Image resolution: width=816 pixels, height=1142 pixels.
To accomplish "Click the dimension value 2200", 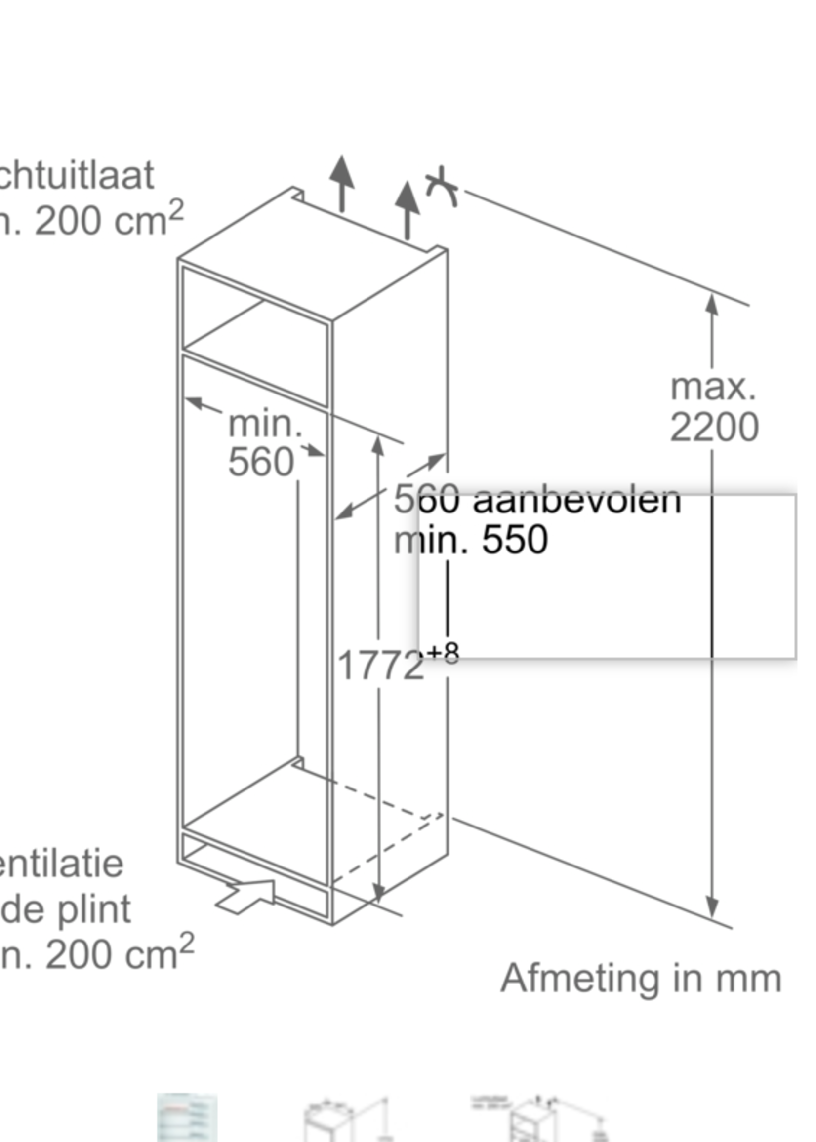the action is pyautogui.click(x=714, y=428).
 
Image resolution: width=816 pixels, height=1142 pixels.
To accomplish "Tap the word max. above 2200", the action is pyautogui.click(x=713, y=387).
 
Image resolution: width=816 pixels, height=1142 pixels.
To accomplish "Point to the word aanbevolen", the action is pyautogui.click(x=577, y=500).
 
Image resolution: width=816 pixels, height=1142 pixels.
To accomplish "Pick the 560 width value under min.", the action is pyautogui.click(x=261, y=462).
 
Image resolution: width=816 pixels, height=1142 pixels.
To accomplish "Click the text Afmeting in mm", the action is pyautogui.click(x=641, y=978).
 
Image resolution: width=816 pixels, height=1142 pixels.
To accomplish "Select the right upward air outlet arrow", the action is pyautogui.click(x=407, y=208).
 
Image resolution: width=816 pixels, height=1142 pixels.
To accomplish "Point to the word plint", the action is pyautogui.click(x=94, y=909).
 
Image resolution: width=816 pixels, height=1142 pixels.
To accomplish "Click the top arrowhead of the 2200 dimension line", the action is pyautogui.click(x=711, y=304).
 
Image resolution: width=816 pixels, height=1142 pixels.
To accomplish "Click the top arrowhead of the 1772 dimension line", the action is pyautogui.click(x=378, y=445).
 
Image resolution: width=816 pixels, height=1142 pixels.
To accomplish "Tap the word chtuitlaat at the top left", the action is pyautogui.click(x=76, y=175).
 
